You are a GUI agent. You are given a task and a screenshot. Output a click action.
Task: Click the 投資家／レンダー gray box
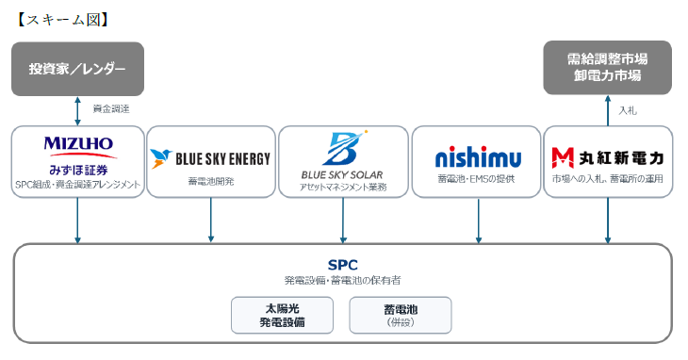click(x=77, y=69)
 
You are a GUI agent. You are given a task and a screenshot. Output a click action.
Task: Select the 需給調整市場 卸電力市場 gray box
click(x=607, y=68)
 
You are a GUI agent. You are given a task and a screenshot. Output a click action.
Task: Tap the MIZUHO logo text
click(x=78, y=143)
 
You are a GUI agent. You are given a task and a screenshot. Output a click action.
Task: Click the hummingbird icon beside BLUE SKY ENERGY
click(x=160, y=158)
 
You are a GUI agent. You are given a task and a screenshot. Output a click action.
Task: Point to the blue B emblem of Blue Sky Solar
click(x=345, y=148)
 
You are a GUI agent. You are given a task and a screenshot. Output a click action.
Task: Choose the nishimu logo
click(x=478, y=156)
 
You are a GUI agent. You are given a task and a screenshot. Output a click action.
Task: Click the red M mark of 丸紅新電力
click(x=563, y=158)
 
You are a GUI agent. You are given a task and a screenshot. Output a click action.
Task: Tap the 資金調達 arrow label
click(x=111, y=108)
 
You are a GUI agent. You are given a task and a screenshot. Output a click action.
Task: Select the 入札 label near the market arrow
click(x=628, y=110)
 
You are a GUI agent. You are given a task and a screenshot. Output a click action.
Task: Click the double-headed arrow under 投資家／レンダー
click(x=77, y=111)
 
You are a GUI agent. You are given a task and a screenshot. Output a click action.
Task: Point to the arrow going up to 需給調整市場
click(x=608, y=111)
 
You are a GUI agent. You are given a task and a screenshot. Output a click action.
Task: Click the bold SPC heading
click(x=343, y=265)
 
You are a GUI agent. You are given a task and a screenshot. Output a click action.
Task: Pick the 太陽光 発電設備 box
click(x=282, y=316)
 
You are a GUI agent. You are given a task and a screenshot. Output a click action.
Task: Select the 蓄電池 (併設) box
click(x=401, y=316)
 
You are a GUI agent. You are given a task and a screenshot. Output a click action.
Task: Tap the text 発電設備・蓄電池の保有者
click(x=343, y=280)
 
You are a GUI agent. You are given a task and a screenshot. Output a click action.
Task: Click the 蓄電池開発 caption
click(x=211, y=181)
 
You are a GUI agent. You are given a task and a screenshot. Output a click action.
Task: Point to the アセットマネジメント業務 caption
click(x=343, y=188)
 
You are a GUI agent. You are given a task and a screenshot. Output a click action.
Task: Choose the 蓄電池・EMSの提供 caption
click(x=476, y=179)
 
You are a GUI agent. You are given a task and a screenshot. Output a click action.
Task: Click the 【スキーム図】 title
click(x=62, y=20)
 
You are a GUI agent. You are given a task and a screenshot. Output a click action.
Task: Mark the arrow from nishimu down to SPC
click(x=478, y=221)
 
